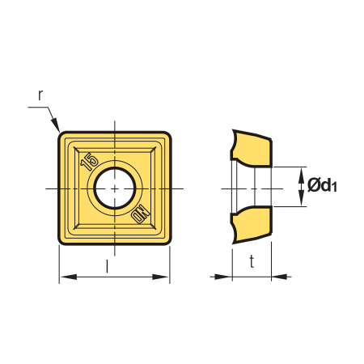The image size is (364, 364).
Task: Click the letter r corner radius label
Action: (x=40, y=95)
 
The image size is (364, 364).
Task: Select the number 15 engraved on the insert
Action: (x=89, y=161)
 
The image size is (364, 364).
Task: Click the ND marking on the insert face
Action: (x=141, y=214)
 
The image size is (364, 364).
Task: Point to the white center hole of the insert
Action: (x=115, y=188)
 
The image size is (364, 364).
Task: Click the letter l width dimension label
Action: (x=108, y=266)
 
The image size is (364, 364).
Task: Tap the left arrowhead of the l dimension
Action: (x=68, y=277)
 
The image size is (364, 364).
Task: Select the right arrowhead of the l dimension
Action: (x=161, y=277)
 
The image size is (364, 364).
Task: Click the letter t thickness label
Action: (x=252, y=261)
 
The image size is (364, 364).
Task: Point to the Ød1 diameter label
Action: (x=322, y=185)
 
